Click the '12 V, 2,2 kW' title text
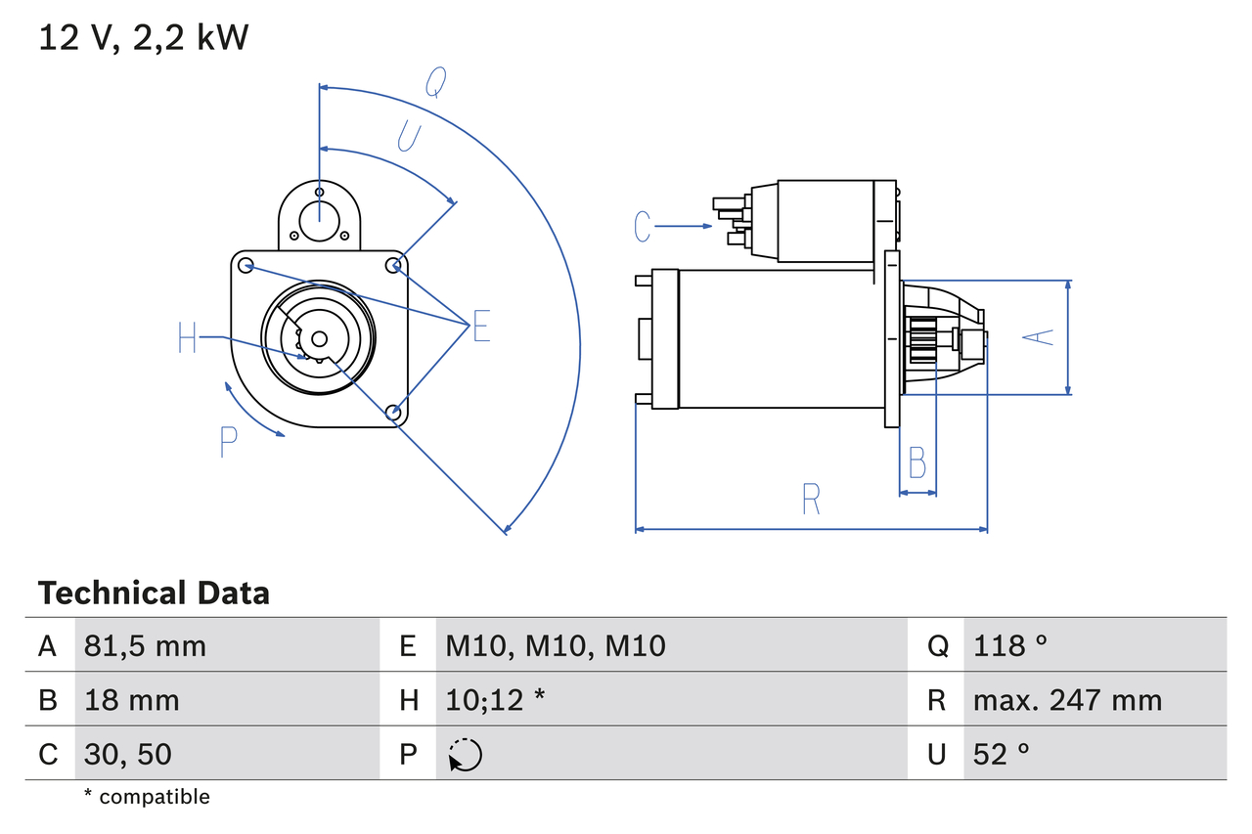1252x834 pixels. [x=144, y=38]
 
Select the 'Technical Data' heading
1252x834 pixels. [x=154, y=593]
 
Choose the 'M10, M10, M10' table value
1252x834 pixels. [x=556, y=645]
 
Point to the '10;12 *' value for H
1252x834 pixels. [x=495, y=700]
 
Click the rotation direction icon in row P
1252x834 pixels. [x=465, y=755]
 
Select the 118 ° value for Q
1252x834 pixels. [x=1010, y=645]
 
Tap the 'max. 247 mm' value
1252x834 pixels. [x=1067, y=700]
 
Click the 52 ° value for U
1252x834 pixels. [x=1002, y=754]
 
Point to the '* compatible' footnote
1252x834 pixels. [x=147, y=797]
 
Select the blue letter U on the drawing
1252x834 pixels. [x=409, y=137]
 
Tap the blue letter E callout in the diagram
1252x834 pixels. [x=480, y=327]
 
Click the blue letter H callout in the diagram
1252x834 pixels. [x=188, y=339]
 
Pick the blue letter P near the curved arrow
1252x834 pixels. [x=228, y=442]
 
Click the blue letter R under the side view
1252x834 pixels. [x=811, y=500]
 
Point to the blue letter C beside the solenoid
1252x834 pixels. [x=642, y=226]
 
